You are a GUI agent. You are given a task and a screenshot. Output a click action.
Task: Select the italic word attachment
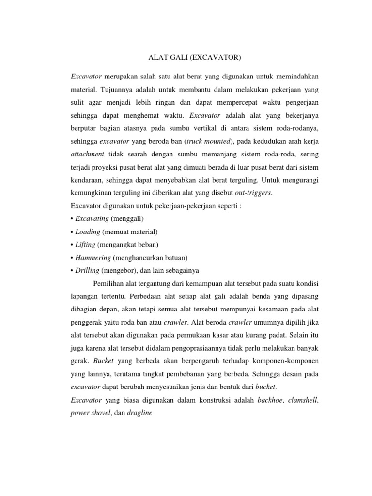tap(88, 154)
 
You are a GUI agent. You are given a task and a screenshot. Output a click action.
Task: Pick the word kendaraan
tap(87, 180)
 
